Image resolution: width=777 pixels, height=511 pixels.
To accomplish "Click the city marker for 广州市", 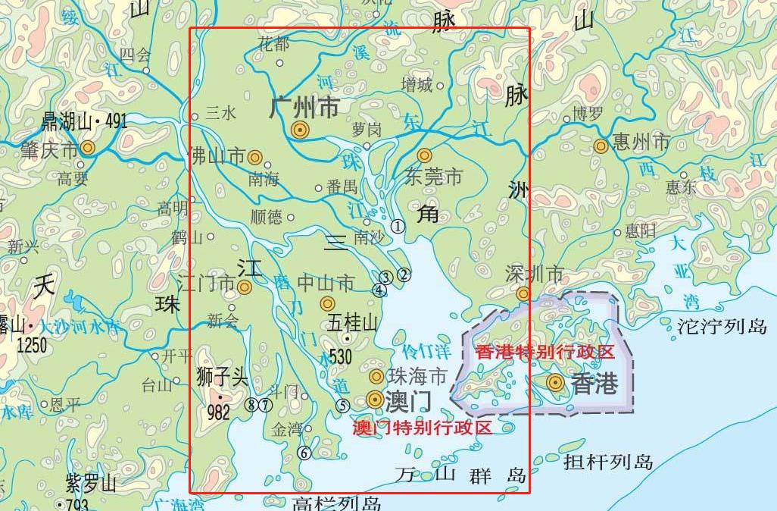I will tap(300, 130).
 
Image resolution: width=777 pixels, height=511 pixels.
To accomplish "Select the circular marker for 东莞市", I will tap(425, 155).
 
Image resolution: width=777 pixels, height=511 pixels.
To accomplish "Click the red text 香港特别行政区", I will tap(545, 352).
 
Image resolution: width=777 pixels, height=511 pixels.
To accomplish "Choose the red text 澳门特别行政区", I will tap(423, 428).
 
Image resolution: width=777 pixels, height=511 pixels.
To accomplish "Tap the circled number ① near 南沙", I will tap(398, 226).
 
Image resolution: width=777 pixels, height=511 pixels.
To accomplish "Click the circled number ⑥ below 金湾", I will tap(304, 453).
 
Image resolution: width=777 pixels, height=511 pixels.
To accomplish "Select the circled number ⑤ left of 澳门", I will tap(343, 406).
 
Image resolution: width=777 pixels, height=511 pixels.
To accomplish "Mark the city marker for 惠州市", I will tap(601, 146).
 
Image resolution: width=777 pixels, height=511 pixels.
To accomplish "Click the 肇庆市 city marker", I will tap(88, 149).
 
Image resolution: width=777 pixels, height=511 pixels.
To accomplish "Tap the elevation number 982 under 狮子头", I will tap(218, 413).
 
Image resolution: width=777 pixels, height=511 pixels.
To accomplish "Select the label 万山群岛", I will tap(460, 476).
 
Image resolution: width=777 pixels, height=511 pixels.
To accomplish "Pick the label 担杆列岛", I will tap(608, 462).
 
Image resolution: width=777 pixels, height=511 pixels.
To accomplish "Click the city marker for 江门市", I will tap(244, 287).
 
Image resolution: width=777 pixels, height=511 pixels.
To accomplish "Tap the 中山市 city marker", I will tap(327, 303).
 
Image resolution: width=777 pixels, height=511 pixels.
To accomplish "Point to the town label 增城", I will tap(417, 85).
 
